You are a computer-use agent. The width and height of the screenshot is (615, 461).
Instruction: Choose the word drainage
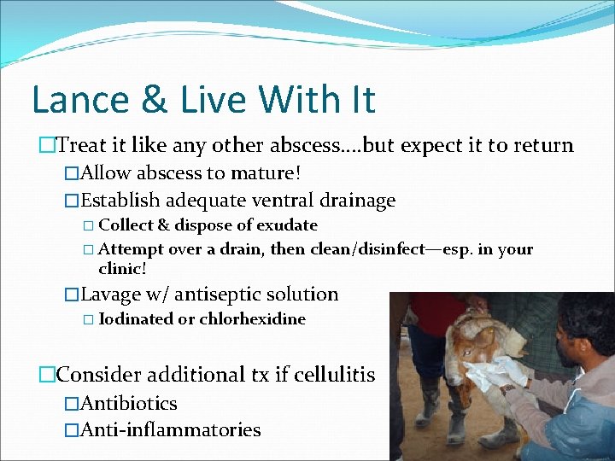(x=358, y=201)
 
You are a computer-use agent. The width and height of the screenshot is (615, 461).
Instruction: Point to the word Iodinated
(x=134, y=320)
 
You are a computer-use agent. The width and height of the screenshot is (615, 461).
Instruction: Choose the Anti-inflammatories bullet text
(x=170, y=430)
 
